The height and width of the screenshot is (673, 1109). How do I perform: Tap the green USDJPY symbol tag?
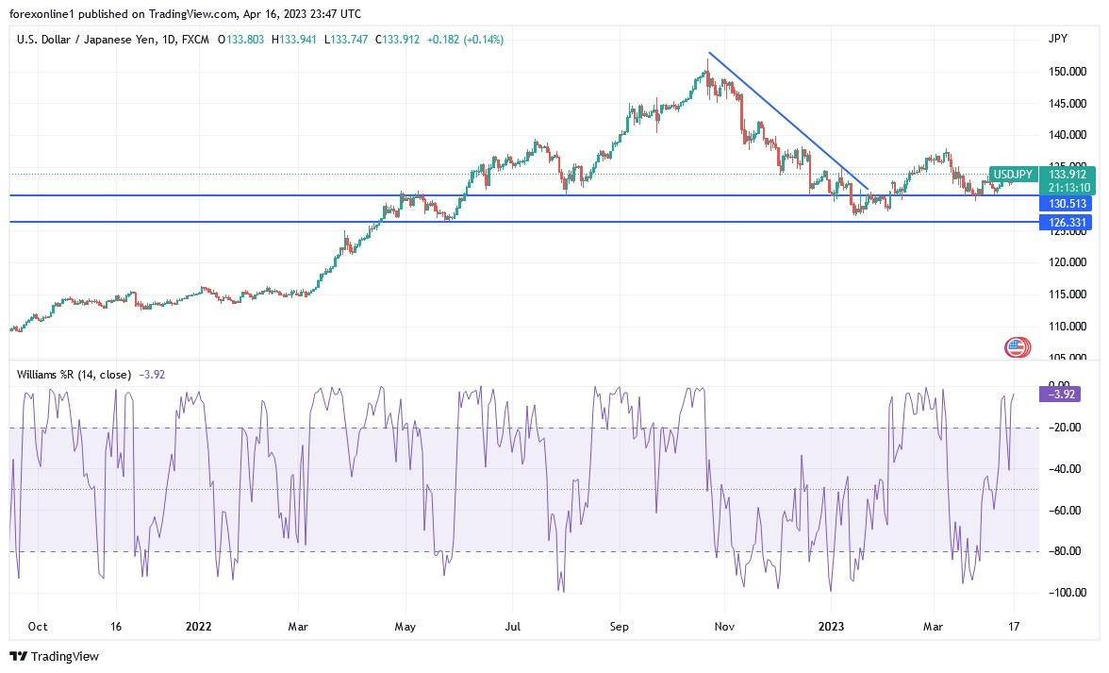coord(1014,174)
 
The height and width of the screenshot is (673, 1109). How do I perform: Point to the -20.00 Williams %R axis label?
coord(1066,428)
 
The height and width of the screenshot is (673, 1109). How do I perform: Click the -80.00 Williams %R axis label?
coord(1066,551)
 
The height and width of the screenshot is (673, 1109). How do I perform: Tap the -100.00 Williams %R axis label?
coord(1064,593)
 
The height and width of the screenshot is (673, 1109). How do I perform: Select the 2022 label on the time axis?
coord(198,626)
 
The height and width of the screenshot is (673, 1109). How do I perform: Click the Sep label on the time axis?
coord(619,626)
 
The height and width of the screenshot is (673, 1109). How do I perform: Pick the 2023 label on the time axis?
coord(831,626)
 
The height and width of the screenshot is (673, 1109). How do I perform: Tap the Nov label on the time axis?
coord(723,626)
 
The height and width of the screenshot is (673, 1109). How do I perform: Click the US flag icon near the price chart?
coord(1016,347)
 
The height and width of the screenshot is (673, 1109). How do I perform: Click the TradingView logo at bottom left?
coord(54,656)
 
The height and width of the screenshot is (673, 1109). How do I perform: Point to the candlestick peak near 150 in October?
coord(707,62)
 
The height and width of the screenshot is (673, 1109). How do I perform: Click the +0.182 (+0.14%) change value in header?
coord(465,40)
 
